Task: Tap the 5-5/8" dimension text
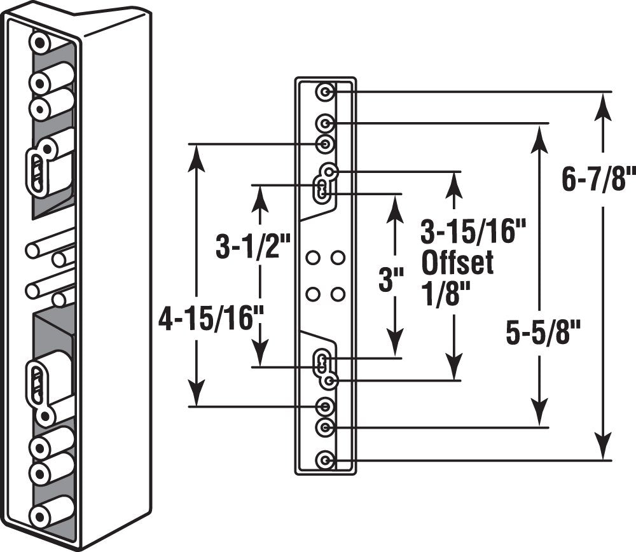click(x=544, y=333)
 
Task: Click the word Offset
click(x=457, y=263)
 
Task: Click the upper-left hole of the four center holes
click(x=312, y=258)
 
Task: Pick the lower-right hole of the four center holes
click(x=338, y=294)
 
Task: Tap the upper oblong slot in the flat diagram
click(x=323, y=189)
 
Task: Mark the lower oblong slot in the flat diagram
click(x=323, y=364)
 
